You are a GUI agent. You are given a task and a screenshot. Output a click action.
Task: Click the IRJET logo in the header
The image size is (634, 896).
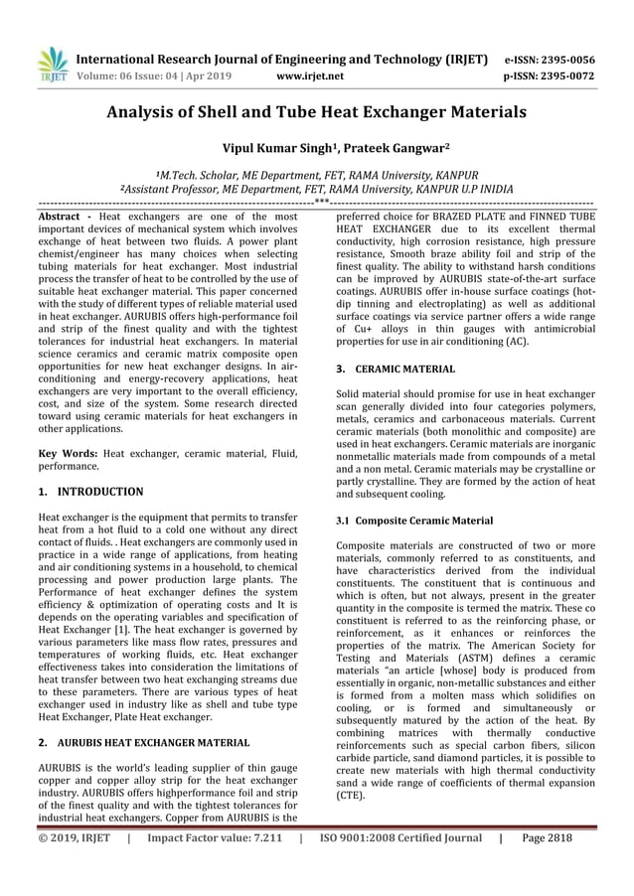click(x=51, y=64)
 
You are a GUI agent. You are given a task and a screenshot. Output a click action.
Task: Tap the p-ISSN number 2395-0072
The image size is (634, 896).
click(x=577, y=75)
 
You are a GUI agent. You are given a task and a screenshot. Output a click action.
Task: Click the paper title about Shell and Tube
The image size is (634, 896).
click(x=317, y=112)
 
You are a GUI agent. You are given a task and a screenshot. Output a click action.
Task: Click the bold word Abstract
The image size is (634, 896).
click(x=59, y=216)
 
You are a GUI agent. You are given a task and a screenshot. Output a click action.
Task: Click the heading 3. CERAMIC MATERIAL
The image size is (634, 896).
click(x=396, y=369)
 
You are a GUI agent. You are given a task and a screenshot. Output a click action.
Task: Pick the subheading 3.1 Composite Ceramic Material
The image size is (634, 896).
click(x=414, y=520)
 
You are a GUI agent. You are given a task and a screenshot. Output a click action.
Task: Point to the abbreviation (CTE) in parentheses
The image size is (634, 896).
click(x=350, y=796)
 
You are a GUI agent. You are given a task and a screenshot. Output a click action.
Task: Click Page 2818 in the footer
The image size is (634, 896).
click(x=547, y=837)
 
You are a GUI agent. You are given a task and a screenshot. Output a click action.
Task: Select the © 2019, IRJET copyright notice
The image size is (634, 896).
click(x=74, y=837)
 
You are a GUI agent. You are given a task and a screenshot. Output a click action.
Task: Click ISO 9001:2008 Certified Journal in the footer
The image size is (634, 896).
click(x=401, y=837)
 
